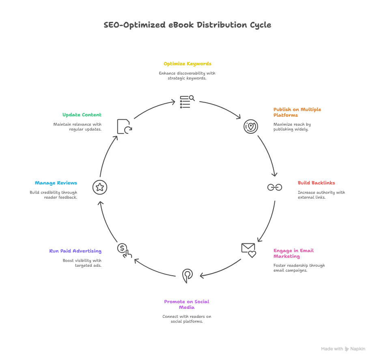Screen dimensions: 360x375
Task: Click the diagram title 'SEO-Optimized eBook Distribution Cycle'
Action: [x=187, y=25]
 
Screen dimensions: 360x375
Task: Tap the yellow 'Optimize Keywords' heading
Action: [x=187, y=64]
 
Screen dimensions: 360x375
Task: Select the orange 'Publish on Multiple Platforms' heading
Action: [x=297, y=112]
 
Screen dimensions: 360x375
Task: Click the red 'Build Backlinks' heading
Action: [x=316, y=183]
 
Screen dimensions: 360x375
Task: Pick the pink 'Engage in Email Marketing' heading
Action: [x=293, y=253]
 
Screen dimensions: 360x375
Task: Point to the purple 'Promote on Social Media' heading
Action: [x=187, y=304]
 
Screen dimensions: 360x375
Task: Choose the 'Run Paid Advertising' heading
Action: [x=75, y=251]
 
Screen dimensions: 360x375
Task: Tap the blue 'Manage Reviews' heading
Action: [x=56, y=183]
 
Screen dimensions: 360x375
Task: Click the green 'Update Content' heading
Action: [x=82, y=115]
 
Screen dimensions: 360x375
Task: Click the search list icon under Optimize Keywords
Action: [x=187, y=102]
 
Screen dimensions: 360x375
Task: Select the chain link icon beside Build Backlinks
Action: [x=274, y=187]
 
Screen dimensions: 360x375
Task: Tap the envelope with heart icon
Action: [x=248, y=250]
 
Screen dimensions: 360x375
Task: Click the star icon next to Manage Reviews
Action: [x=100, y=187]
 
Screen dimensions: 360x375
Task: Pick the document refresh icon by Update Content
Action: [x=124, y=126]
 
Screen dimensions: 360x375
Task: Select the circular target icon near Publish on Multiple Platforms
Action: [x=250, y=126]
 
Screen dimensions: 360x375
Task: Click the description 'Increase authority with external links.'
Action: [x=321, y=195]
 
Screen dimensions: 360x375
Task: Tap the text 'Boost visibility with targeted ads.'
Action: [x=82, y=263]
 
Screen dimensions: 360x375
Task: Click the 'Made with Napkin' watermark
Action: [x=343, y=349]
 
